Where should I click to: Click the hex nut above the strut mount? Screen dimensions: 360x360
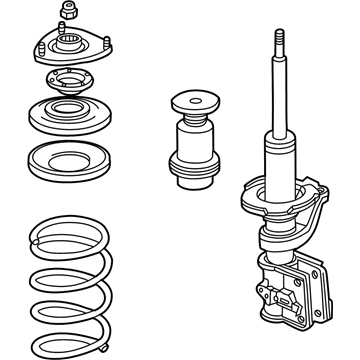pos(70,13)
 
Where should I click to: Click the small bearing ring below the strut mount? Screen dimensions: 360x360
pos(68,85)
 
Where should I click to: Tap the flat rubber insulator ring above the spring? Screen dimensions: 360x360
pos(67,160)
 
